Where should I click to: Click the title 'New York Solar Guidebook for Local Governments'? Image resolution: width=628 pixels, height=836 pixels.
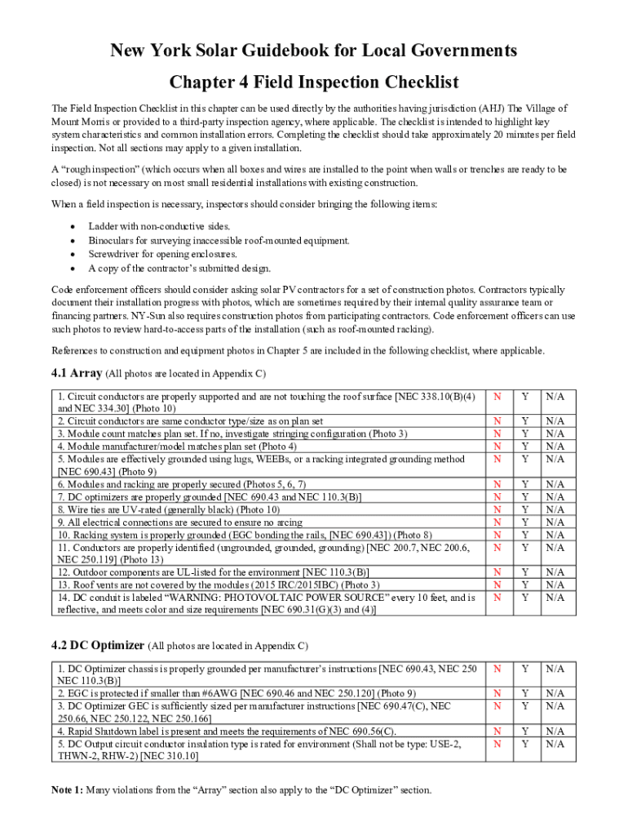314,51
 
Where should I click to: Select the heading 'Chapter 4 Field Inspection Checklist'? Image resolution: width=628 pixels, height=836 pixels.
314,82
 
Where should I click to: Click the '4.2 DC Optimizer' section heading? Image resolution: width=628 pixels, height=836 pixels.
98,645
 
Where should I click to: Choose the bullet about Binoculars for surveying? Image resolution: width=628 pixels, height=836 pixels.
219,240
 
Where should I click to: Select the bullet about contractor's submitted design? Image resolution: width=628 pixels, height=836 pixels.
179,268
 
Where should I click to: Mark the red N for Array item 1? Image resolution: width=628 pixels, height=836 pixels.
497,396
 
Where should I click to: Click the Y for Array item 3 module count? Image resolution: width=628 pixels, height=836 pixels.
525,434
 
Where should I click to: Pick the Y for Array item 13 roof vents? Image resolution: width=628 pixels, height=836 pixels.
525,585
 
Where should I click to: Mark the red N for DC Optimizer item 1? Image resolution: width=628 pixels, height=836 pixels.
497,669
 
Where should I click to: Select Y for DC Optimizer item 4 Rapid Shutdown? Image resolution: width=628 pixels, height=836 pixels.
525,731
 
